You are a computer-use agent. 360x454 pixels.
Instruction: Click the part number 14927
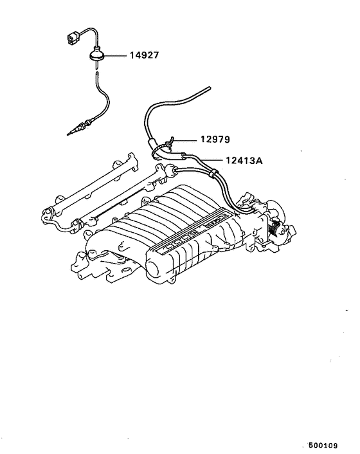(x=141, y=57)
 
